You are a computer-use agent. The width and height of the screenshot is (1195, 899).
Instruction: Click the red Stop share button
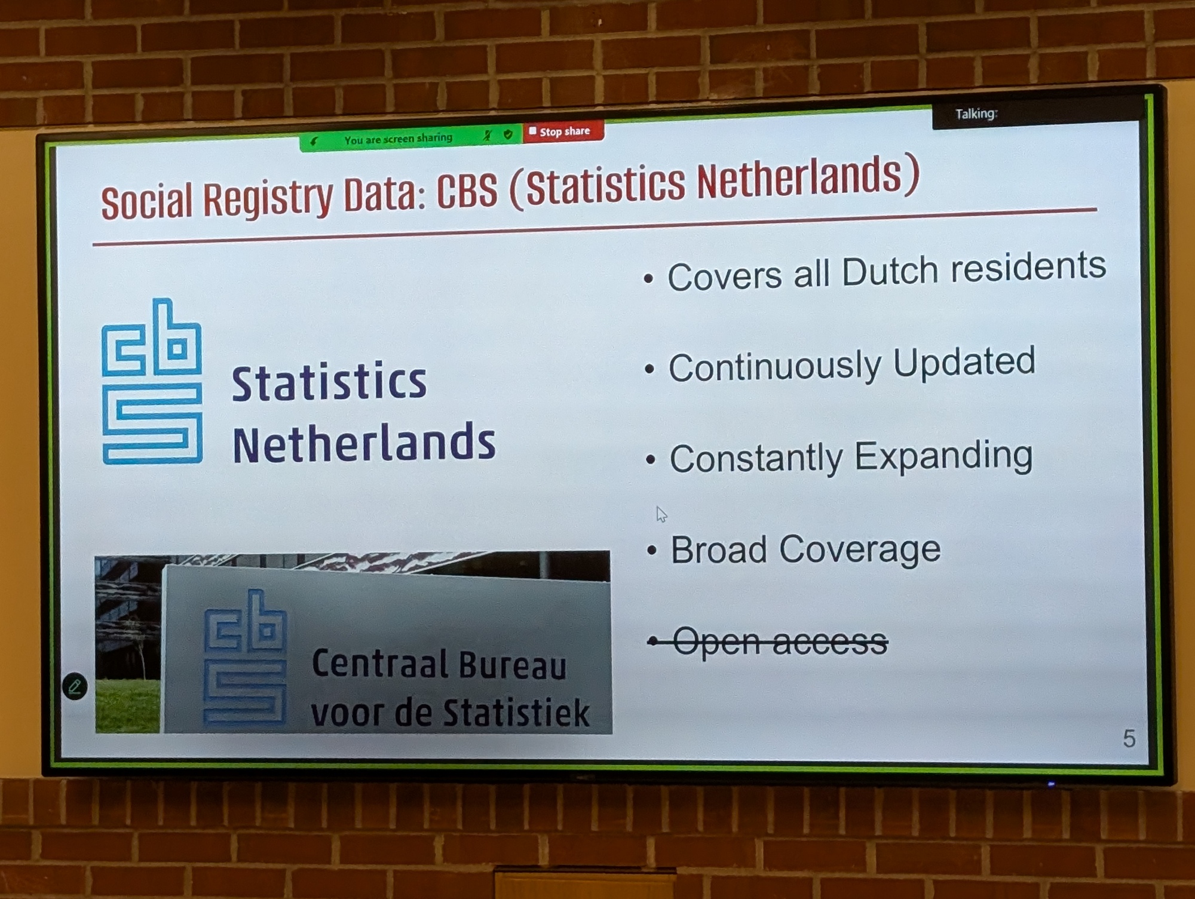pos(563,131)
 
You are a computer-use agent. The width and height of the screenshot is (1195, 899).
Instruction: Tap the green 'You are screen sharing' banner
pos(411,139)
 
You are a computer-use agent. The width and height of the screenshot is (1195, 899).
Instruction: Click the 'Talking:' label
pos(976,113)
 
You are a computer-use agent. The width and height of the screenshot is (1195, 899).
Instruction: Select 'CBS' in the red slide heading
pos(467,192)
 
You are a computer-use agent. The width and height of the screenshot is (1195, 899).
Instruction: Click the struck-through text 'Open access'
pos(780,642)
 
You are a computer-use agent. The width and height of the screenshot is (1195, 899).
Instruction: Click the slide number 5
pos(1129,739)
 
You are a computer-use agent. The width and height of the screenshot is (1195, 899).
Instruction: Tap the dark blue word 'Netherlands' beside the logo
pos(364,443)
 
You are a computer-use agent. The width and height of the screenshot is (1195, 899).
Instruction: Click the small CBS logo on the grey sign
pos(245,658)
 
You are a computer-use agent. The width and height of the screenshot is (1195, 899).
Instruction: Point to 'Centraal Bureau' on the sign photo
pos(439,664)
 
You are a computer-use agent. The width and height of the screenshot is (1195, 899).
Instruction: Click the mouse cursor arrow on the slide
pos(661,514)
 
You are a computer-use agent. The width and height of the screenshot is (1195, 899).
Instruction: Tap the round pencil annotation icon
pos(75,687)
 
